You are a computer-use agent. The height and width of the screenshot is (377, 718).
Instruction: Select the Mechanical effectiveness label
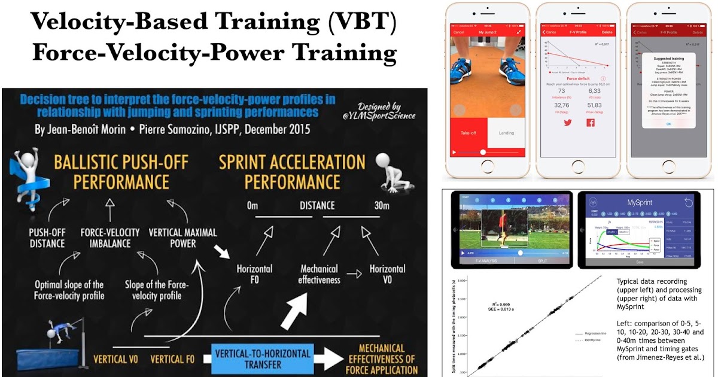320,274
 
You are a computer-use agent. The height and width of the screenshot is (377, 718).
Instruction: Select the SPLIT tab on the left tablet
541,262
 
